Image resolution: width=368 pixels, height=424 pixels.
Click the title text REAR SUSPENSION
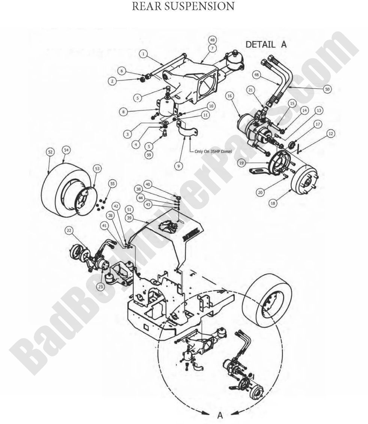pos(184,6)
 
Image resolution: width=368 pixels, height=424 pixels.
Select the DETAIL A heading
pos(266,44)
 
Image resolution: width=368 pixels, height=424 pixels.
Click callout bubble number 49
pos(212,40)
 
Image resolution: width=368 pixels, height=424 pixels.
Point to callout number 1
pos(143,54)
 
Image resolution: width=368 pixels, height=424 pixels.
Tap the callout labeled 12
pos(330,134)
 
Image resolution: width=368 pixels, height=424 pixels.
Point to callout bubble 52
pos(50,152)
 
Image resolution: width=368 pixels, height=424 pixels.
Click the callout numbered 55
pos(112,183)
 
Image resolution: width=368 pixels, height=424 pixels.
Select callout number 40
pos(148,184)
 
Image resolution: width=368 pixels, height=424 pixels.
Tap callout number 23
pos(100,286)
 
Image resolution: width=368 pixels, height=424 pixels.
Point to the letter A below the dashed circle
pos(220,415)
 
